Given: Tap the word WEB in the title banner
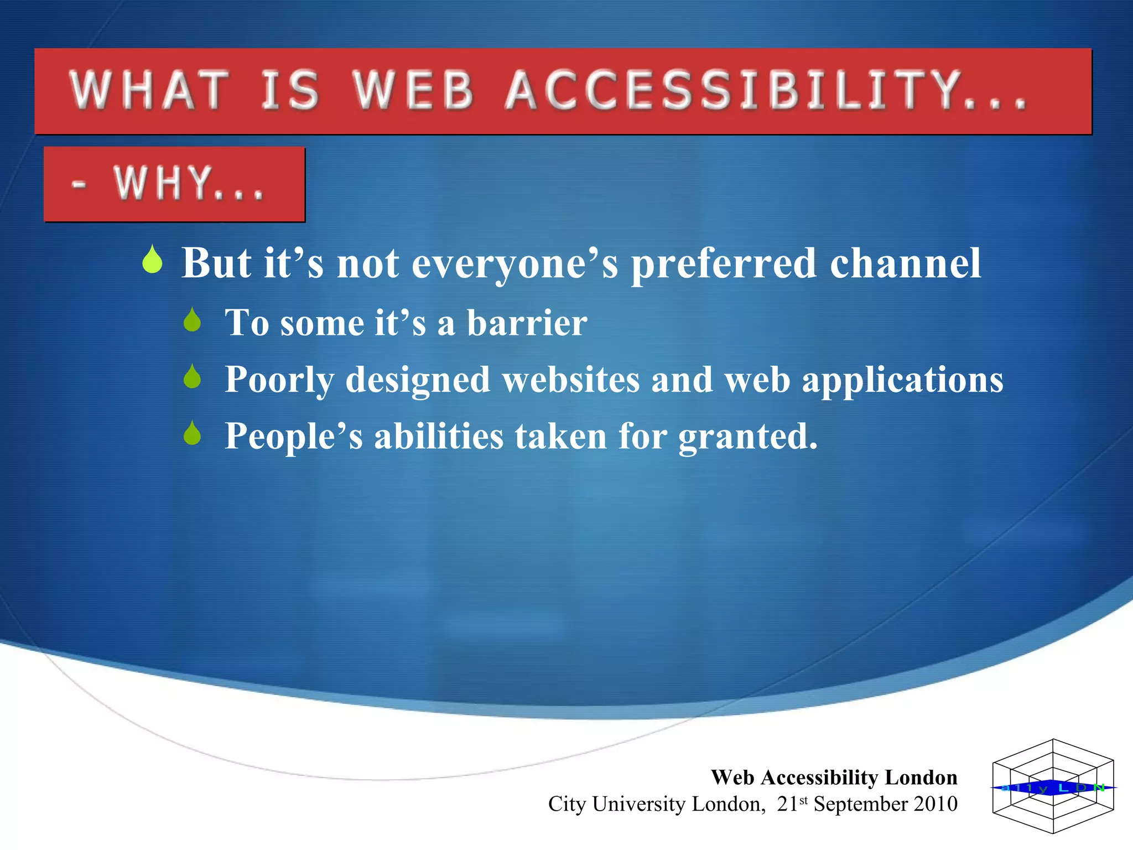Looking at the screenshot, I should coord(414,90).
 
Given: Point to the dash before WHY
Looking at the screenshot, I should coord(79,184).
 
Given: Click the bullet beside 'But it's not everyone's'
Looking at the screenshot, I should coord(152,260).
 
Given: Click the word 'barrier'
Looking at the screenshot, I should coord(527,323).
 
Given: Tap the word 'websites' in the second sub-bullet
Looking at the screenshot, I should coord(570,380).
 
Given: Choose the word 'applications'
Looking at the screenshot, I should coord(902,381).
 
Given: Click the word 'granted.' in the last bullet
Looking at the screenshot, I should coord(748,437).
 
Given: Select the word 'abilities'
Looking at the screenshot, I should coord(439,436).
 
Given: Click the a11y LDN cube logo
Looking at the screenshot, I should coord(1053,786).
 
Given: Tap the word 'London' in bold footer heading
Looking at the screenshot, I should coord(921,778).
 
